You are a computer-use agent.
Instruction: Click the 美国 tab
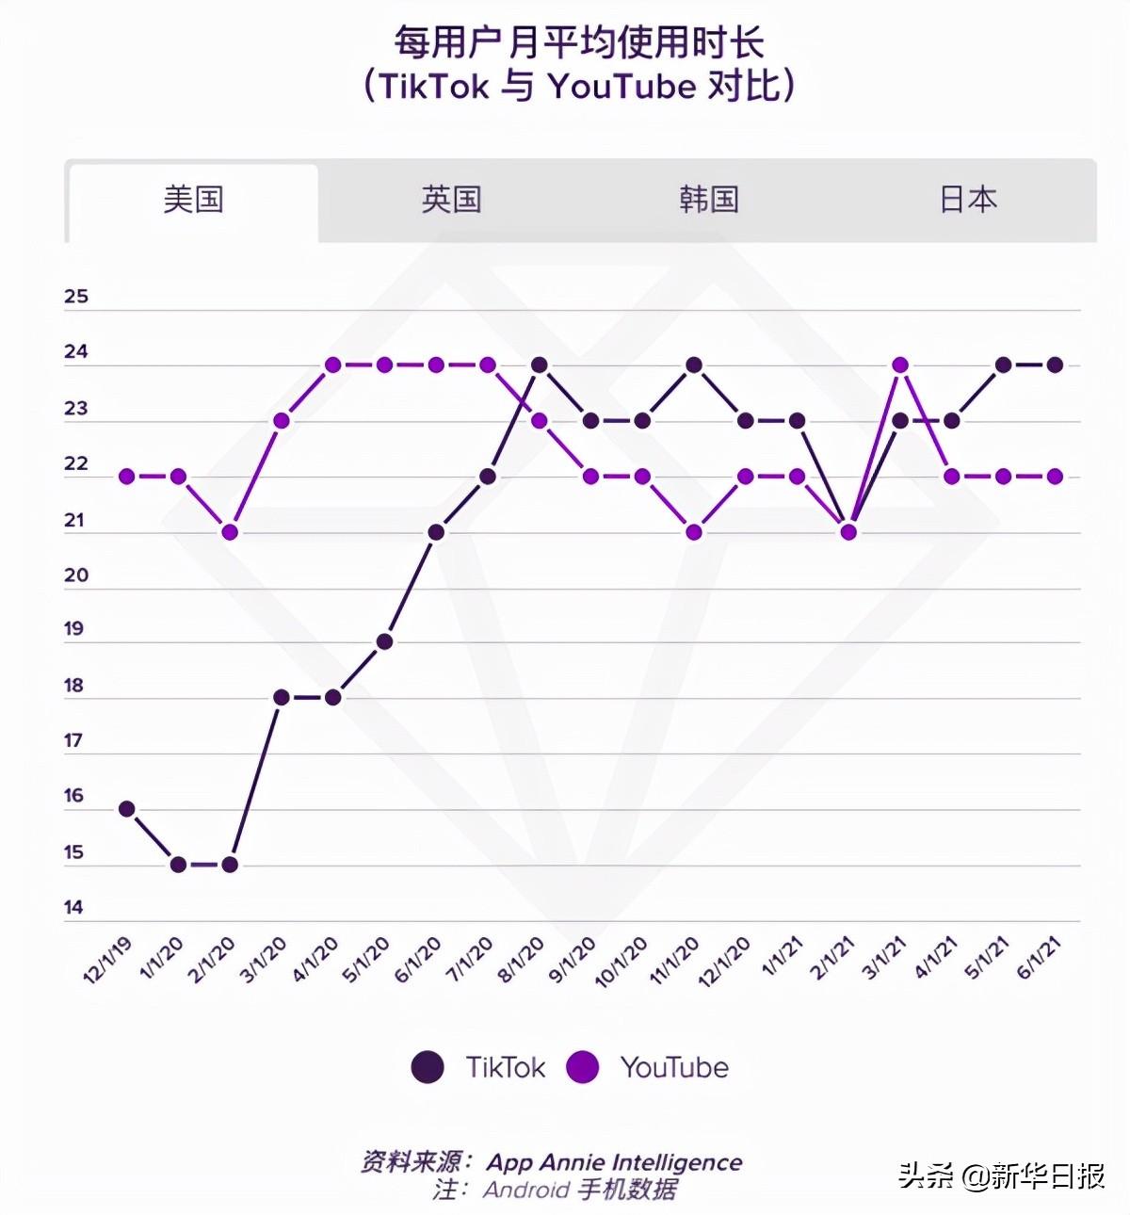193,200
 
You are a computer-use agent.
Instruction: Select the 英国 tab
451,200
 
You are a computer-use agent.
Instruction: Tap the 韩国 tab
709,200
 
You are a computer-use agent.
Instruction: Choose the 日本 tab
968,200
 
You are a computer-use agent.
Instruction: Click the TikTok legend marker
428,1067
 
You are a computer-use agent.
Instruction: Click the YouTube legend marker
583,1067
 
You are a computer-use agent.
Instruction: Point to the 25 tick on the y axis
76,297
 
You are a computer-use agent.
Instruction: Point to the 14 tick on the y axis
74,908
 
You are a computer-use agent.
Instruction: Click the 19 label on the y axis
74,629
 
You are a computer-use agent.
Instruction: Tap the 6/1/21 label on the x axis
1041,959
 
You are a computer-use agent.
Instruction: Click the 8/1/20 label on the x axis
521,960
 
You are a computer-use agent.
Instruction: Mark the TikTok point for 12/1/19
126,809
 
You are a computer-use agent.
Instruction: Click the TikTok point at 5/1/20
384,641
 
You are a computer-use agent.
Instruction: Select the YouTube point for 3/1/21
900,364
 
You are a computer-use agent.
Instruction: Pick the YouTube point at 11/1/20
694,532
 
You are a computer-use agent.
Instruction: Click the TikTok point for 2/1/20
229,865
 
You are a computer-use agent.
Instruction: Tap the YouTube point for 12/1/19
126,477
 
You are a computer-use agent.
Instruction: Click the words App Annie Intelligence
614,1162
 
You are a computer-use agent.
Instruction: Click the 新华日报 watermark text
1047,1176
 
